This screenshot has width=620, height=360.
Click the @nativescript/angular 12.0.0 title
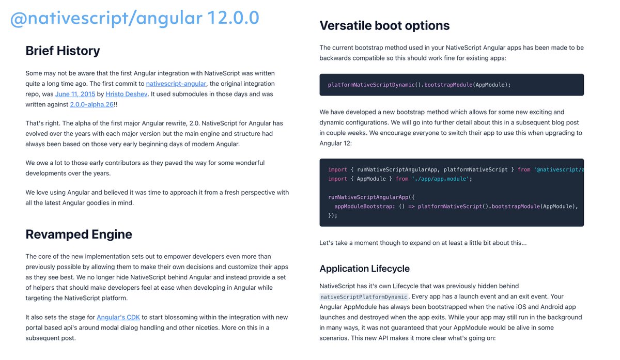(135, 19)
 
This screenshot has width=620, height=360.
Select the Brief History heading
(63, 51)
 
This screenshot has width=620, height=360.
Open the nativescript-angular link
(176, 84)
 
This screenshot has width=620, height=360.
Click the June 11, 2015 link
(74, 94)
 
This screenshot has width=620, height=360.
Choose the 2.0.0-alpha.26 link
(91, 104)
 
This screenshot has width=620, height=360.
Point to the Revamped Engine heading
(79, 234)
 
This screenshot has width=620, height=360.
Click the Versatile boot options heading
(384, 25)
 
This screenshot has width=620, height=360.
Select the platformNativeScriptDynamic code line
(419, 85)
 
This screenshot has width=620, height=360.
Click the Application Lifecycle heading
(364, 269)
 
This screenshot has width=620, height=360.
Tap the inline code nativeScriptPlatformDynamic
(364, 297)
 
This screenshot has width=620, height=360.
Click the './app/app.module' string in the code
(441, 179)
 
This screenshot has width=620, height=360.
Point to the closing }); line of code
(332, 216)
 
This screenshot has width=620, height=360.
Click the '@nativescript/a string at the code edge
(560, 169)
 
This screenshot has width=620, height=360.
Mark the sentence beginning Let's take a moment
(423, 243)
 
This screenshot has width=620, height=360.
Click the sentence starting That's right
(154, 134)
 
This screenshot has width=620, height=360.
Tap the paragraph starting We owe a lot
(145, 168)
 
